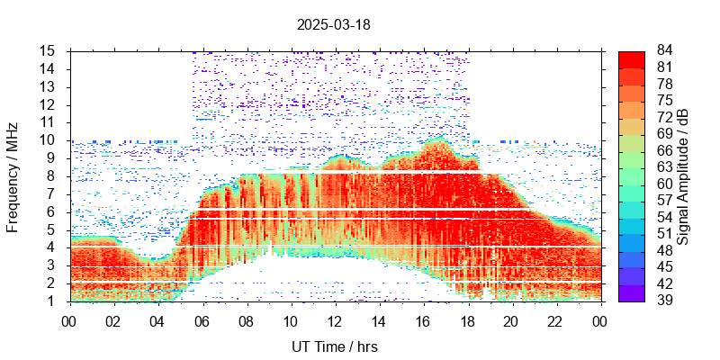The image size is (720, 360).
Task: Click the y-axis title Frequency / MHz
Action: pyautogui.click(x=13, y=175)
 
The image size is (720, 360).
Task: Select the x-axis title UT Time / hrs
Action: pyautogui.click(x=335, y=346)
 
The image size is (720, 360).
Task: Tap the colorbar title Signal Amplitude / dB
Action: pyautogui.click(x=684, y=175)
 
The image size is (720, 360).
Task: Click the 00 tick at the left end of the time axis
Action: pyautogui.click(x=69, y=321)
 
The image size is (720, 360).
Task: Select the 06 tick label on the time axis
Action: pyautogui.click(x=202, y=321)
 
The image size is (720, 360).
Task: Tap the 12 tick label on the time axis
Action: pyautogui.click(x=335, y=321)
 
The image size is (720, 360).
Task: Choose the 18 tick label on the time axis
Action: pyautogui.click(x=467, y=321)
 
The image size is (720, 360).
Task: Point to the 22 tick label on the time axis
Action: pyautogui.click(x=555, y=321)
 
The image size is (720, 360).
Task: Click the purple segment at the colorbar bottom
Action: pyautogui.click(x=632, y=293)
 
